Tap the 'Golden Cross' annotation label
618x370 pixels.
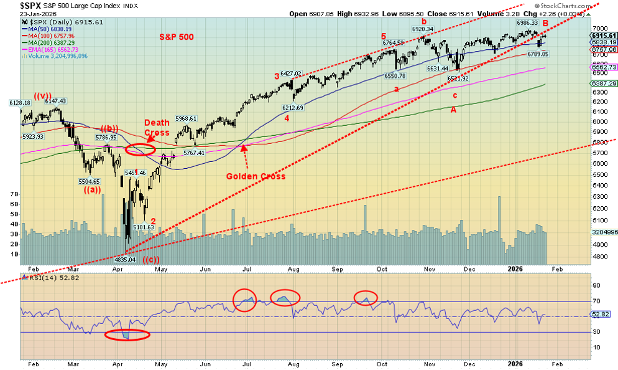(255, 176)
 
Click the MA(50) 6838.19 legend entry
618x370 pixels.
(48, 29)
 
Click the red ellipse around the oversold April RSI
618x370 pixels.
(127, 334)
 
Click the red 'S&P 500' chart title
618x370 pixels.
(175, 37)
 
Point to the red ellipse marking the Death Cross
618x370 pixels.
(141, 149)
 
